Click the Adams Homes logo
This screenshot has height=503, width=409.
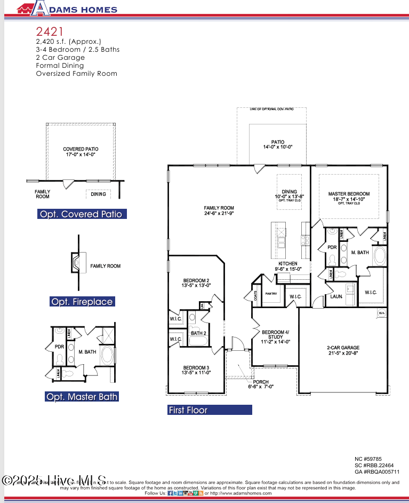click(x=67, y=8)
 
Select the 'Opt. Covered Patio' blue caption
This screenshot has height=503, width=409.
click(x=82, y=214)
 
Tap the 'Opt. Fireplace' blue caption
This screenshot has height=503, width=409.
click(x=82, y=302)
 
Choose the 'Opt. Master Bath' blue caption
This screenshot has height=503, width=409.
click(x=82, y=397)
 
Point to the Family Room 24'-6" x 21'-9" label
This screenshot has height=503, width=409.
click(x=219, y=210)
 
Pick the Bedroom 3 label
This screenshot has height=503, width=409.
click(x=196, y=370)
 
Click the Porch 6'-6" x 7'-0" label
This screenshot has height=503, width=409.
click(x=261, y=384)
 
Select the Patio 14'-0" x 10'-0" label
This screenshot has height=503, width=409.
click(x=277, y=144)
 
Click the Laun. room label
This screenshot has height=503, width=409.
click(x=336, y=296)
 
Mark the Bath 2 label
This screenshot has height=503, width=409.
click(x=198, y=334)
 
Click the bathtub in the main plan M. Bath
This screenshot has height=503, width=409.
click(x=379, y=257)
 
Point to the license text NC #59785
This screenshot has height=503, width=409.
click(x=368, y=459)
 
